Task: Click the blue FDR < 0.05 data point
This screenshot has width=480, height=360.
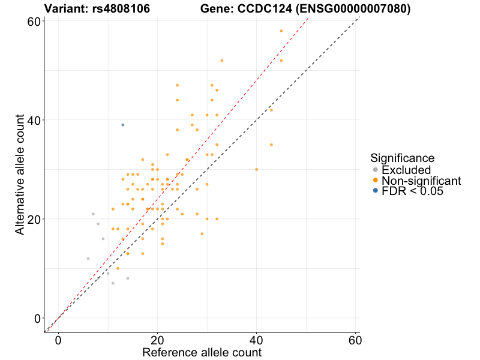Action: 123,125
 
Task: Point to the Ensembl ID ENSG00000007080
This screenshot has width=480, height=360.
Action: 352,9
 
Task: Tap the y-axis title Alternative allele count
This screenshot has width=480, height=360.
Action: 20,175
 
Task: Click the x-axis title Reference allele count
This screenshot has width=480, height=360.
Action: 202,352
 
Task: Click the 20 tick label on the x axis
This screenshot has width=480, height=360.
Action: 157,340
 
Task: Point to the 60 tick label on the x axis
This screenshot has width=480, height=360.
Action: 355,340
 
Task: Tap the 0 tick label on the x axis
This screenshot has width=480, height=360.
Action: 58,340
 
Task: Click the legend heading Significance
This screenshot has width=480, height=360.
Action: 402,158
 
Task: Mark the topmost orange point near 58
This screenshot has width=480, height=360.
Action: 281,31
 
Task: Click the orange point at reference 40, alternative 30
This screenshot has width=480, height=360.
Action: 256,169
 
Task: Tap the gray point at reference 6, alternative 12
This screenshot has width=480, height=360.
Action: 88,259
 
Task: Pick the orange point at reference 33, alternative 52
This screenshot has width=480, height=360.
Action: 221,61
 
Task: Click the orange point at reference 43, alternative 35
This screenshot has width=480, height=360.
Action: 271,145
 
